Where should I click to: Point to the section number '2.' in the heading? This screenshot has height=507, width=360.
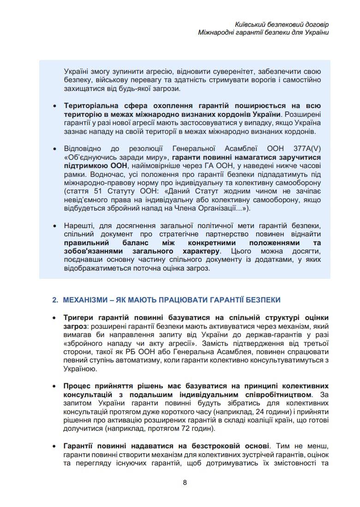[x=54, y=300]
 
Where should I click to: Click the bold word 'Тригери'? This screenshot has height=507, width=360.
[x=79, y=318]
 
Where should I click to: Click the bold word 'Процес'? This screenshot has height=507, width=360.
[x=77, y=386]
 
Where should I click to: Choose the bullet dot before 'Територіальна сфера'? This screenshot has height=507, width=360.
[x=55, y=106]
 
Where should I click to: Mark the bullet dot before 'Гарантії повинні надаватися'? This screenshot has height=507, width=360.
[x=54, y=446]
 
